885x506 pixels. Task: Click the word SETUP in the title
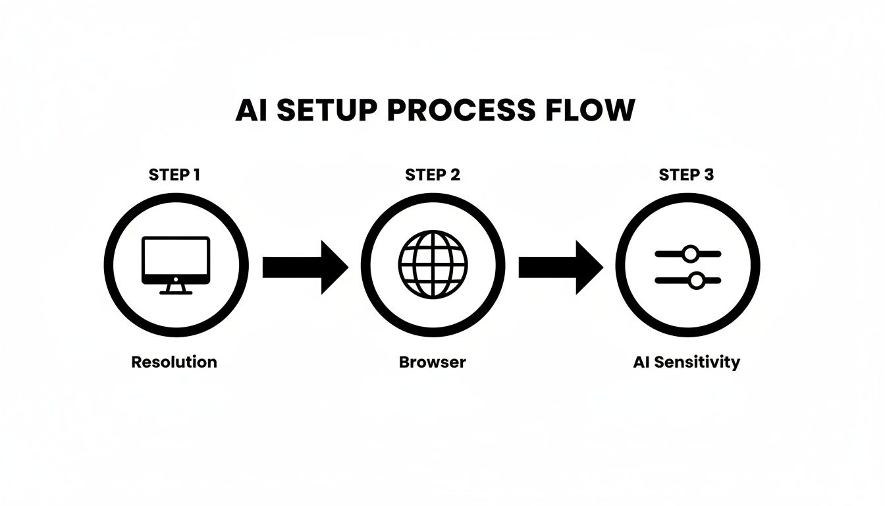click(326, 111)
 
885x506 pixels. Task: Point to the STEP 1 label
click(174, 175)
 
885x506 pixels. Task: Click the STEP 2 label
click(433, 175)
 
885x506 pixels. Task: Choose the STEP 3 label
click(686, 175)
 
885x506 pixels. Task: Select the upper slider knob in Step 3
click(690, 254)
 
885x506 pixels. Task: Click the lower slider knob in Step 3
click(696, 281)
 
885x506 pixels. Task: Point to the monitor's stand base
click(176, 292)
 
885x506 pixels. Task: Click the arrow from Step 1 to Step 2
click(304, 267)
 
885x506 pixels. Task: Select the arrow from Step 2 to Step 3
click(560, 267)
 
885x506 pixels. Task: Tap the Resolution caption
click(174, 362)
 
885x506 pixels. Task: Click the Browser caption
click(432, 362)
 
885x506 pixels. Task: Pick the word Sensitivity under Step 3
click(698, 362)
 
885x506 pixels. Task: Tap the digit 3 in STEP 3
click(709, 175)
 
